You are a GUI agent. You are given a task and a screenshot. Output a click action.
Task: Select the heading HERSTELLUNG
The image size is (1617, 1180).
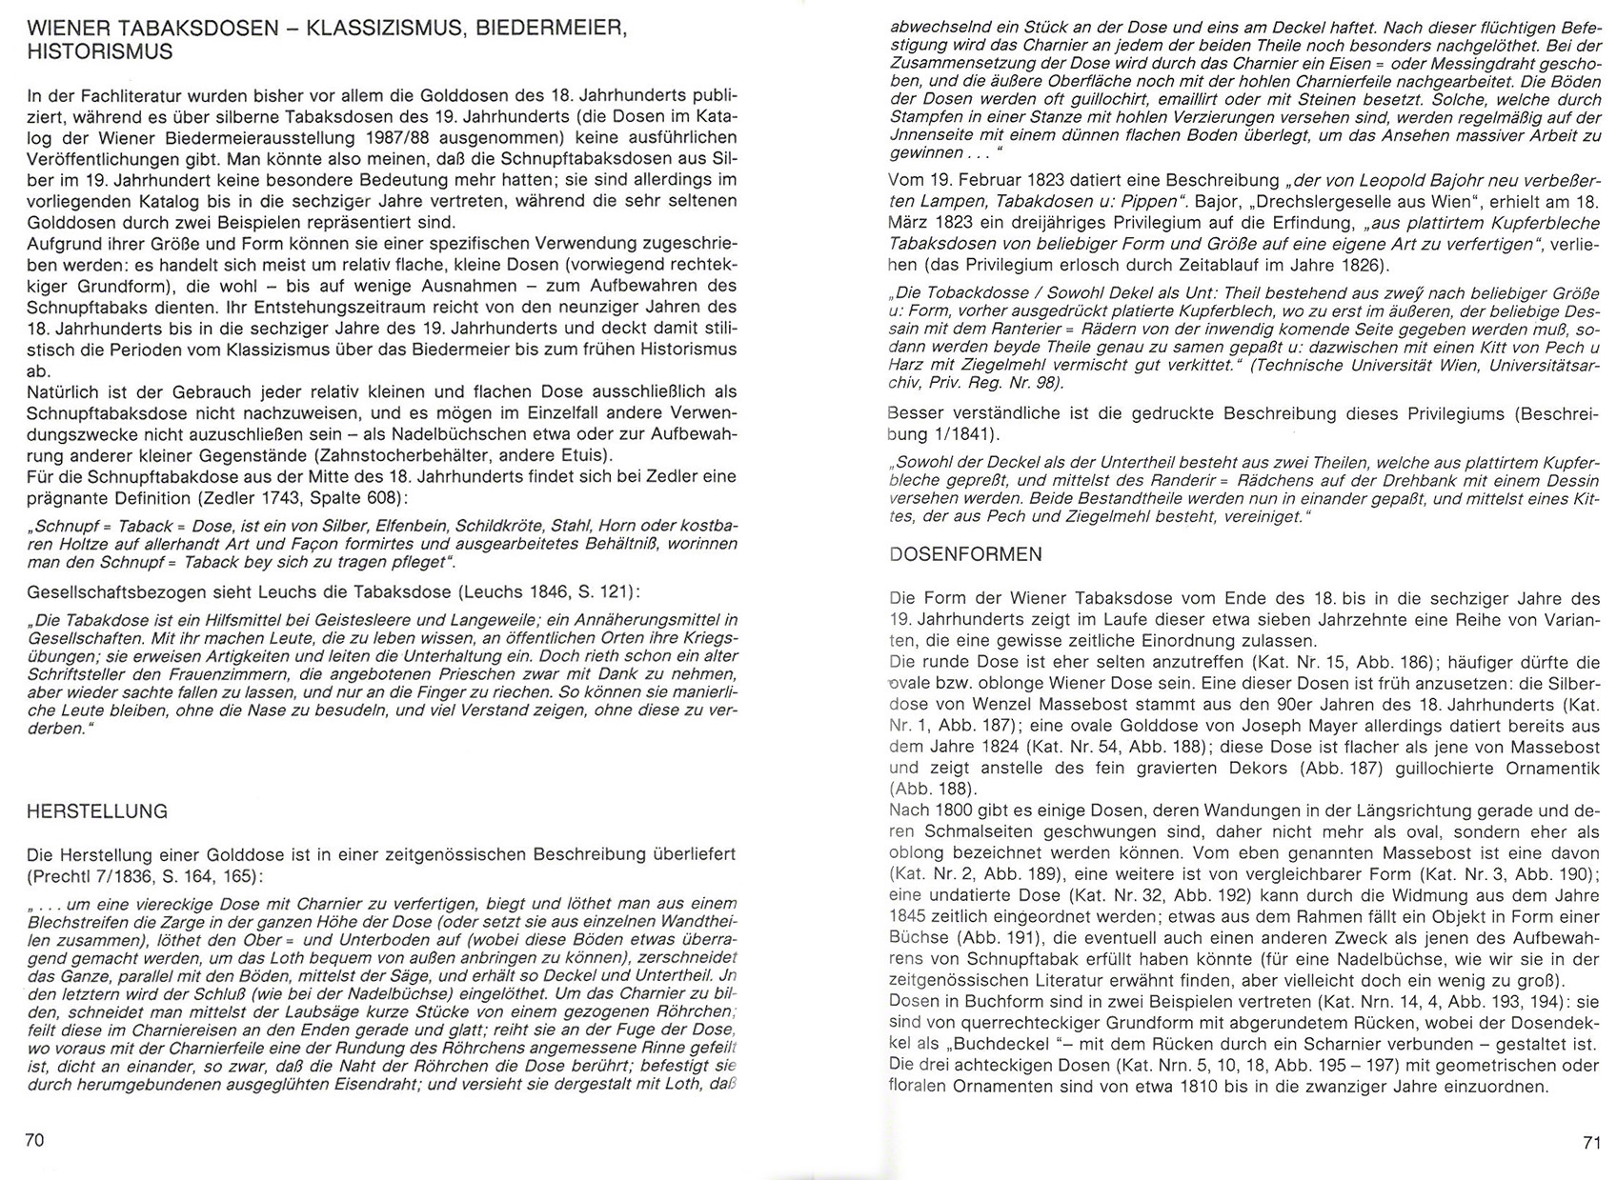point(97,811)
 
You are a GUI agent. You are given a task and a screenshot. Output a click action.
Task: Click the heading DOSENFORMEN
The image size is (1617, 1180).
point(965,554)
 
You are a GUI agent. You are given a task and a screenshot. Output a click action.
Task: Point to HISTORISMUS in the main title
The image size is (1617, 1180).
point(100,51)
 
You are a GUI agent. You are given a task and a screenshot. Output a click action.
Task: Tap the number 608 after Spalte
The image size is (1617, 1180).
point(466,497)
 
